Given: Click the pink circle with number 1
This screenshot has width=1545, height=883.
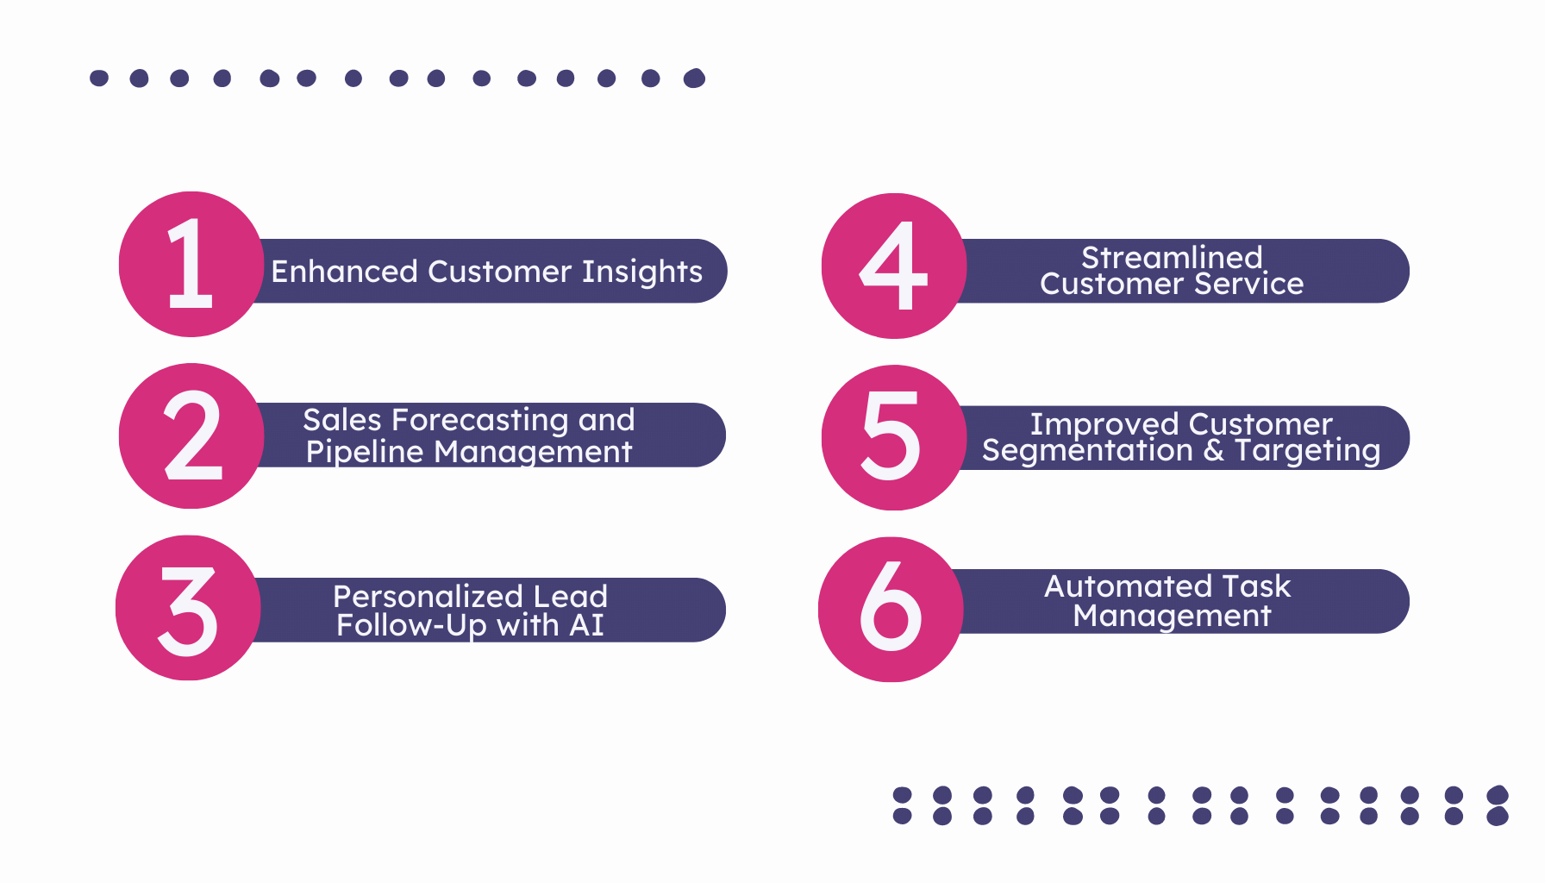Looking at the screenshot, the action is (x=191, y=264).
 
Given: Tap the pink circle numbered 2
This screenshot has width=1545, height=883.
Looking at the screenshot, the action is (x=191, y=435).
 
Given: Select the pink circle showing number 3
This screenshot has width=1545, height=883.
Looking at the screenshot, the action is (x=188, y=608).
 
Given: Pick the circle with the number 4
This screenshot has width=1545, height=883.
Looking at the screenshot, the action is (x=894, y=266).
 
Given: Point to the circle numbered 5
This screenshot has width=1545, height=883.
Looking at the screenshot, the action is (x=894, y=437).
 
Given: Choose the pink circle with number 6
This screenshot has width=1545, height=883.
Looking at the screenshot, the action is (x=891, y=610).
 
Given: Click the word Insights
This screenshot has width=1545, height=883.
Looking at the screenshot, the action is (x=642, y=272).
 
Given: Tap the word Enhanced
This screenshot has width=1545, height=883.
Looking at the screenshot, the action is (x=345, y=272).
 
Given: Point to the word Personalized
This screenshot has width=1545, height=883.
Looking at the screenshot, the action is (x=428, y=596).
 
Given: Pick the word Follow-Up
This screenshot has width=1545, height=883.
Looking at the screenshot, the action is (x=412, y=625).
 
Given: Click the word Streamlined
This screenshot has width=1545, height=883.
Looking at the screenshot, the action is (x=1173, y=257).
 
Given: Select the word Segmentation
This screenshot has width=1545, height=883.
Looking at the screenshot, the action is (x=1088, y=451).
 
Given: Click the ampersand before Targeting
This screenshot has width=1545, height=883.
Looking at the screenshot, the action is (x=1214, y=450).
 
